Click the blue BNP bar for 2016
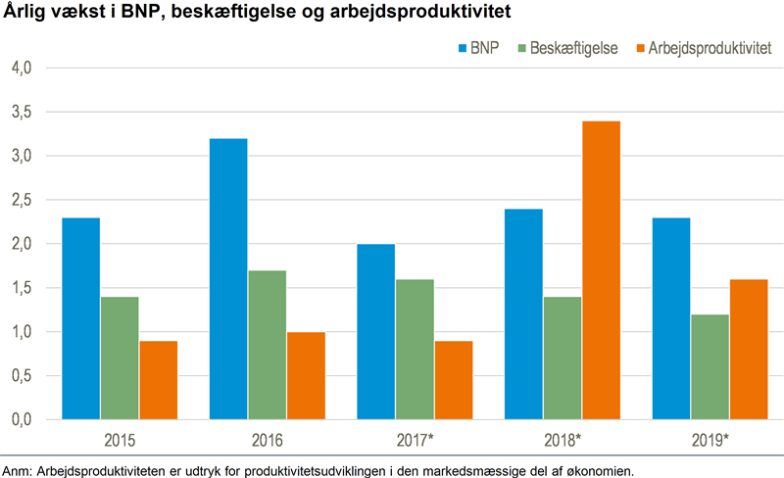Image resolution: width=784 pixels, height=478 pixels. point(228,279)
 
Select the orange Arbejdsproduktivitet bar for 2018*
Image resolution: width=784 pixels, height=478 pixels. point(601,270)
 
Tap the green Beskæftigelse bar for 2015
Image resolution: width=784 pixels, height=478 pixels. point(120,358)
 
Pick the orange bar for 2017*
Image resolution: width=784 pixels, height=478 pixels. point(453,380)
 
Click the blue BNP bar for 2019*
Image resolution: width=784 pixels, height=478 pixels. point(670,318)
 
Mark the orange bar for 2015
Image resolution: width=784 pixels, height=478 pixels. point(159,380)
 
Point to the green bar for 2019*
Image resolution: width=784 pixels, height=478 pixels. point(710,366)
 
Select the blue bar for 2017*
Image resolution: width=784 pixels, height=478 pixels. point(375,331)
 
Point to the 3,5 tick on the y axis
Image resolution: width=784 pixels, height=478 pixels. point(22,112)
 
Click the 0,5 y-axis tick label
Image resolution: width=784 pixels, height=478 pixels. point(22,376)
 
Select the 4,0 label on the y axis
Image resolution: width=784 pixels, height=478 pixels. point(22,68)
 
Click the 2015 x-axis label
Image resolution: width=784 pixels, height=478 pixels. point(120,440)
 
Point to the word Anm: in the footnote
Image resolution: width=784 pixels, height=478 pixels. point(18,468)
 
